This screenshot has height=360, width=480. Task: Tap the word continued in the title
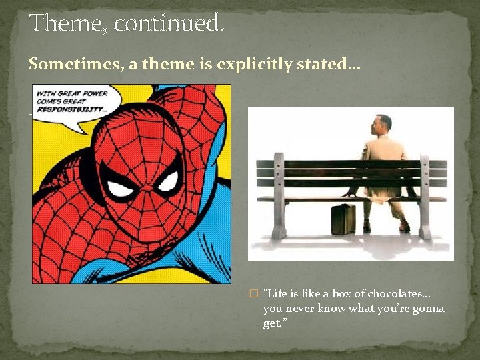click(x=169, y=24)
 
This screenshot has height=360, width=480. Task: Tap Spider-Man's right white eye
click(x=167, y=181)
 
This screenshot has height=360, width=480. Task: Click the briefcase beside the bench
click(x=344, y=219)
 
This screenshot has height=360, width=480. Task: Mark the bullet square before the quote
click(x=252, y=294)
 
